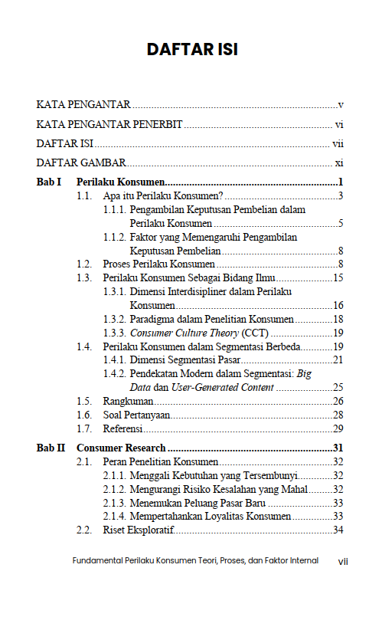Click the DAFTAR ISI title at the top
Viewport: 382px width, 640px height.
(x=192, y=50)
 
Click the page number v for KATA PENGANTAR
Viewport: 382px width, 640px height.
(x=340, y=104)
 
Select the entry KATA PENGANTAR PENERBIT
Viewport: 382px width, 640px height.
(x=109, y=124)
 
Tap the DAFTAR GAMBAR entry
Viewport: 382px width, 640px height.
(x=81, y=162)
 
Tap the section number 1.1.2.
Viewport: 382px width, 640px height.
(x=115, y=238)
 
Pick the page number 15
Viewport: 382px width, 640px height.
(x=338, y=277)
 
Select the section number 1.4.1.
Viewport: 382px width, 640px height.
(x=115, y=360)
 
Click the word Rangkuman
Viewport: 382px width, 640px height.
(x=128, y=401)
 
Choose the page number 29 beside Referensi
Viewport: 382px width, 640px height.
(x=338, y=428)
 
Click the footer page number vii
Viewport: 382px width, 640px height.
(x=343, y=561)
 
